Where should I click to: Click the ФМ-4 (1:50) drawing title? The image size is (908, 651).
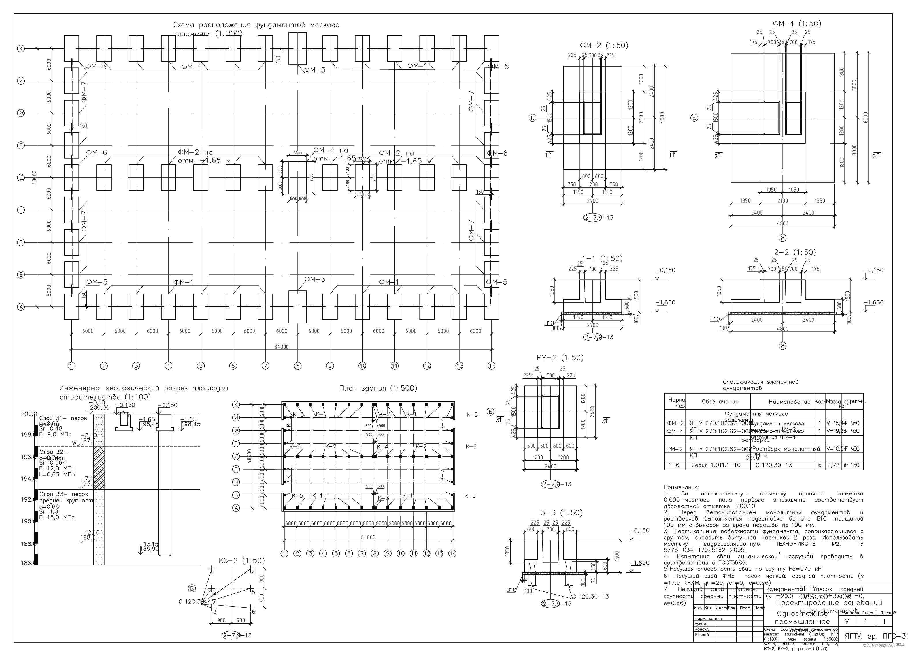click(797, 24)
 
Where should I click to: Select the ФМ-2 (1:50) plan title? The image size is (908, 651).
click(604, 46)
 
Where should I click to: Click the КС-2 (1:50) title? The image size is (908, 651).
click(241, 561)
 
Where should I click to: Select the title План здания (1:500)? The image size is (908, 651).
click(378, 388)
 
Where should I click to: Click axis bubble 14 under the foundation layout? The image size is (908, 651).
click(492, 365)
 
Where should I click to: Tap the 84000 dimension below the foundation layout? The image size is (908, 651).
click(282, 347)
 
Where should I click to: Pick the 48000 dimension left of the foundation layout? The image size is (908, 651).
click(34, 178)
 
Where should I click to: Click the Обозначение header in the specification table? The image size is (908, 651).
click(720, 401)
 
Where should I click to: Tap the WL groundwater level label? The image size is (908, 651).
click(75, 443)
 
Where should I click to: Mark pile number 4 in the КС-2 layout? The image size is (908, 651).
click(253, 572)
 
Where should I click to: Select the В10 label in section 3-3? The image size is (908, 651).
click(511, 590)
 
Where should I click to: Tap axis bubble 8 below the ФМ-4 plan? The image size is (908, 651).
click(783, 238)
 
